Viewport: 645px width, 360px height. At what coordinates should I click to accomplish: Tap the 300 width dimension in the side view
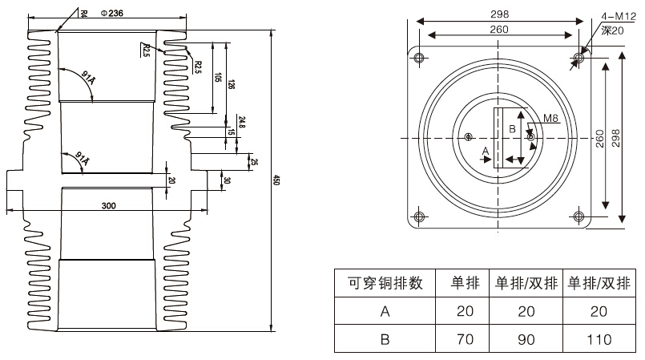109,205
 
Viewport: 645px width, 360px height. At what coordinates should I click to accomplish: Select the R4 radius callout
84,12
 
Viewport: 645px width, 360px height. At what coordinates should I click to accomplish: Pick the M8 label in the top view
550,119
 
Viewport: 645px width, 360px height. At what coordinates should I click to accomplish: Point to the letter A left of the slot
484,150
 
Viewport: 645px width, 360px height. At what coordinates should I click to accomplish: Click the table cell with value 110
599,338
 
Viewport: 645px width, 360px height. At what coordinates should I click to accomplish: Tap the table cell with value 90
525,338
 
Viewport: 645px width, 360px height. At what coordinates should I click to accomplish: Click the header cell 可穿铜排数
384,282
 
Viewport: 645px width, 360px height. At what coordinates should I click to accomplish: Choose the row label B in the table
384,338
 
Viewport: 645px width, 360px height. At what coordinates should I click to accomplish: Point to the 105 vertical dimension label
218,77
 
